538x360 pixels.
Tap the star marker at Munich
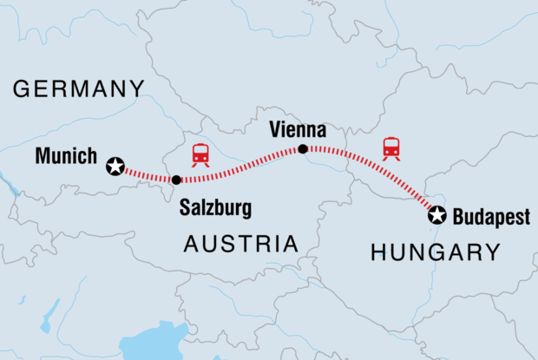[x=115, y=167]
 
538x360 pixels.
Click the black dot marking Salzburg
[x=176, y=180]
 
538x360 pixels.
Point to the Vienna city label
[x=298, y=130]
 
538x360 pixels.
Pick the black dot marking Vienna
[x=303, y=149]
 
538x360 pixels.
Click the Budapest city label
[x=490, y=219]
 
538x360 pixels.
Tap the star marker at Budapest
[x=438, y=215]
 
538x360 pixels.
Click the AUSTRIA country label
[x=240, y=245]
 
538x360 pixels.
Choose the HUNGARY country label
[x=435, y=252]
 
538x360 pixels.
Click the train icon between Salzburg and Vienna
[x=200, y=154]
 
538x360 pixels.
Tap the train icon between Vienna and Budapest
[x=391, y=148]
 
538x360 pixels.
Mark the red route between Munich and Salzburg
[x=146, y=174]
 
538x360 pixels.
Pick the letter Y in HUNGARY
[x=492, y=252]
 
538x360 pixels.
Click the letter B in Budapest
[x=459, y=219]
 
